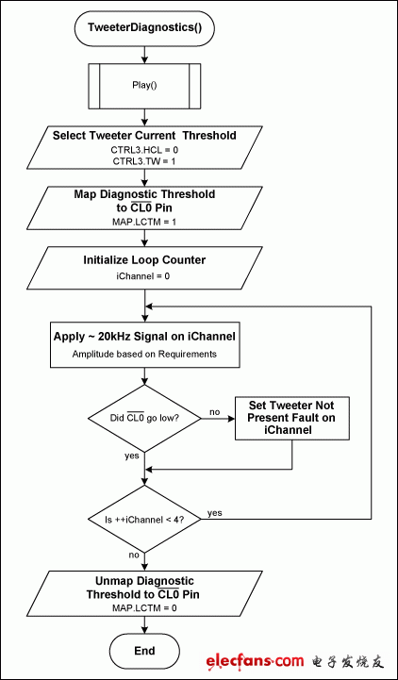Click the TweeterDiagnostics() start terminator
(x=144, y=28)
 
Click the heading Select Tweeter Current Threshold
(x=144, y=135)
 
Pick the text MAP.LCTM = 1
(x=144, y=221)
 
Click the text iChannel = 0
(x=144, y=278)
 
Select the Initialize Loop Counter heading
(x=144, y=259)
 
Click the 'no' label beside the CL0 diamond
(x=215, y=411)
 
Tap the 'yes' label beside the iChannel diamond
(x=215, y=512)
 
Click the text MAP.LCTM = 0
(x=144, y=608)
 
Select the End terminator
(x=144, y=650)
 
